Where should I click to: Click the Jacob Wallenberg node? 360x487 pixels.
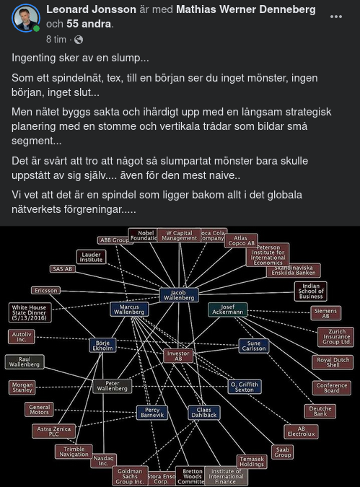point(179,294)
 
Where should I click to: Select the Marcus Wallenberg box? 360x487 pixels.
point(130,310)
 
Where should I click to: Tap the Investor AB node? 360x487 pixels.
point(178,355)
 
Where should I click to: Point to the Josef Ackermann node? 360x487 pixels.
point(228,310)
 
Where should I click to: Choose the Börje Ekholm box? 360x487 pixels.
point(102,345)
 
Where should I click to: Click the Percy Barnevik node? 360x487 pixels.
point(152,413)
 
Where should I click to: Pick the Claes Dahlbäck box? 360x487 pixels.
point(204,413)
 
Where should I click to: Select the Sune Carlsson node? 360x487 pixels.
point(254,346)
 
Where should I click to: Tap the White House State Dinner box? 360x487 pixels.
point(30,312)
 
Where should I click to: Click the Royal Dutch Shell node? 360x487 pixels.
point(333,362)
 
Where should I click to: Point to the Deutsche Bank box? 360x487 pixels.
point(319,411)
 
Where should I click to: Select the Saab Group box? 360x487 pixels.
point(283,452)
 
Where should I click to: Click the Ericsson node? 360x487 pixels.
point(46,290)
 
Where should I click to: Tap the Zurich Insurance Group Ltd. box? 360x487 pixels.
point(335,337)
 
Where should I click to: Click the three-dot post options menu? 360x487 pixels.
point(336,17)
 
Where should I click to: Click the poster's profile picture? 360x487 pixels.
point(26,18)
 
